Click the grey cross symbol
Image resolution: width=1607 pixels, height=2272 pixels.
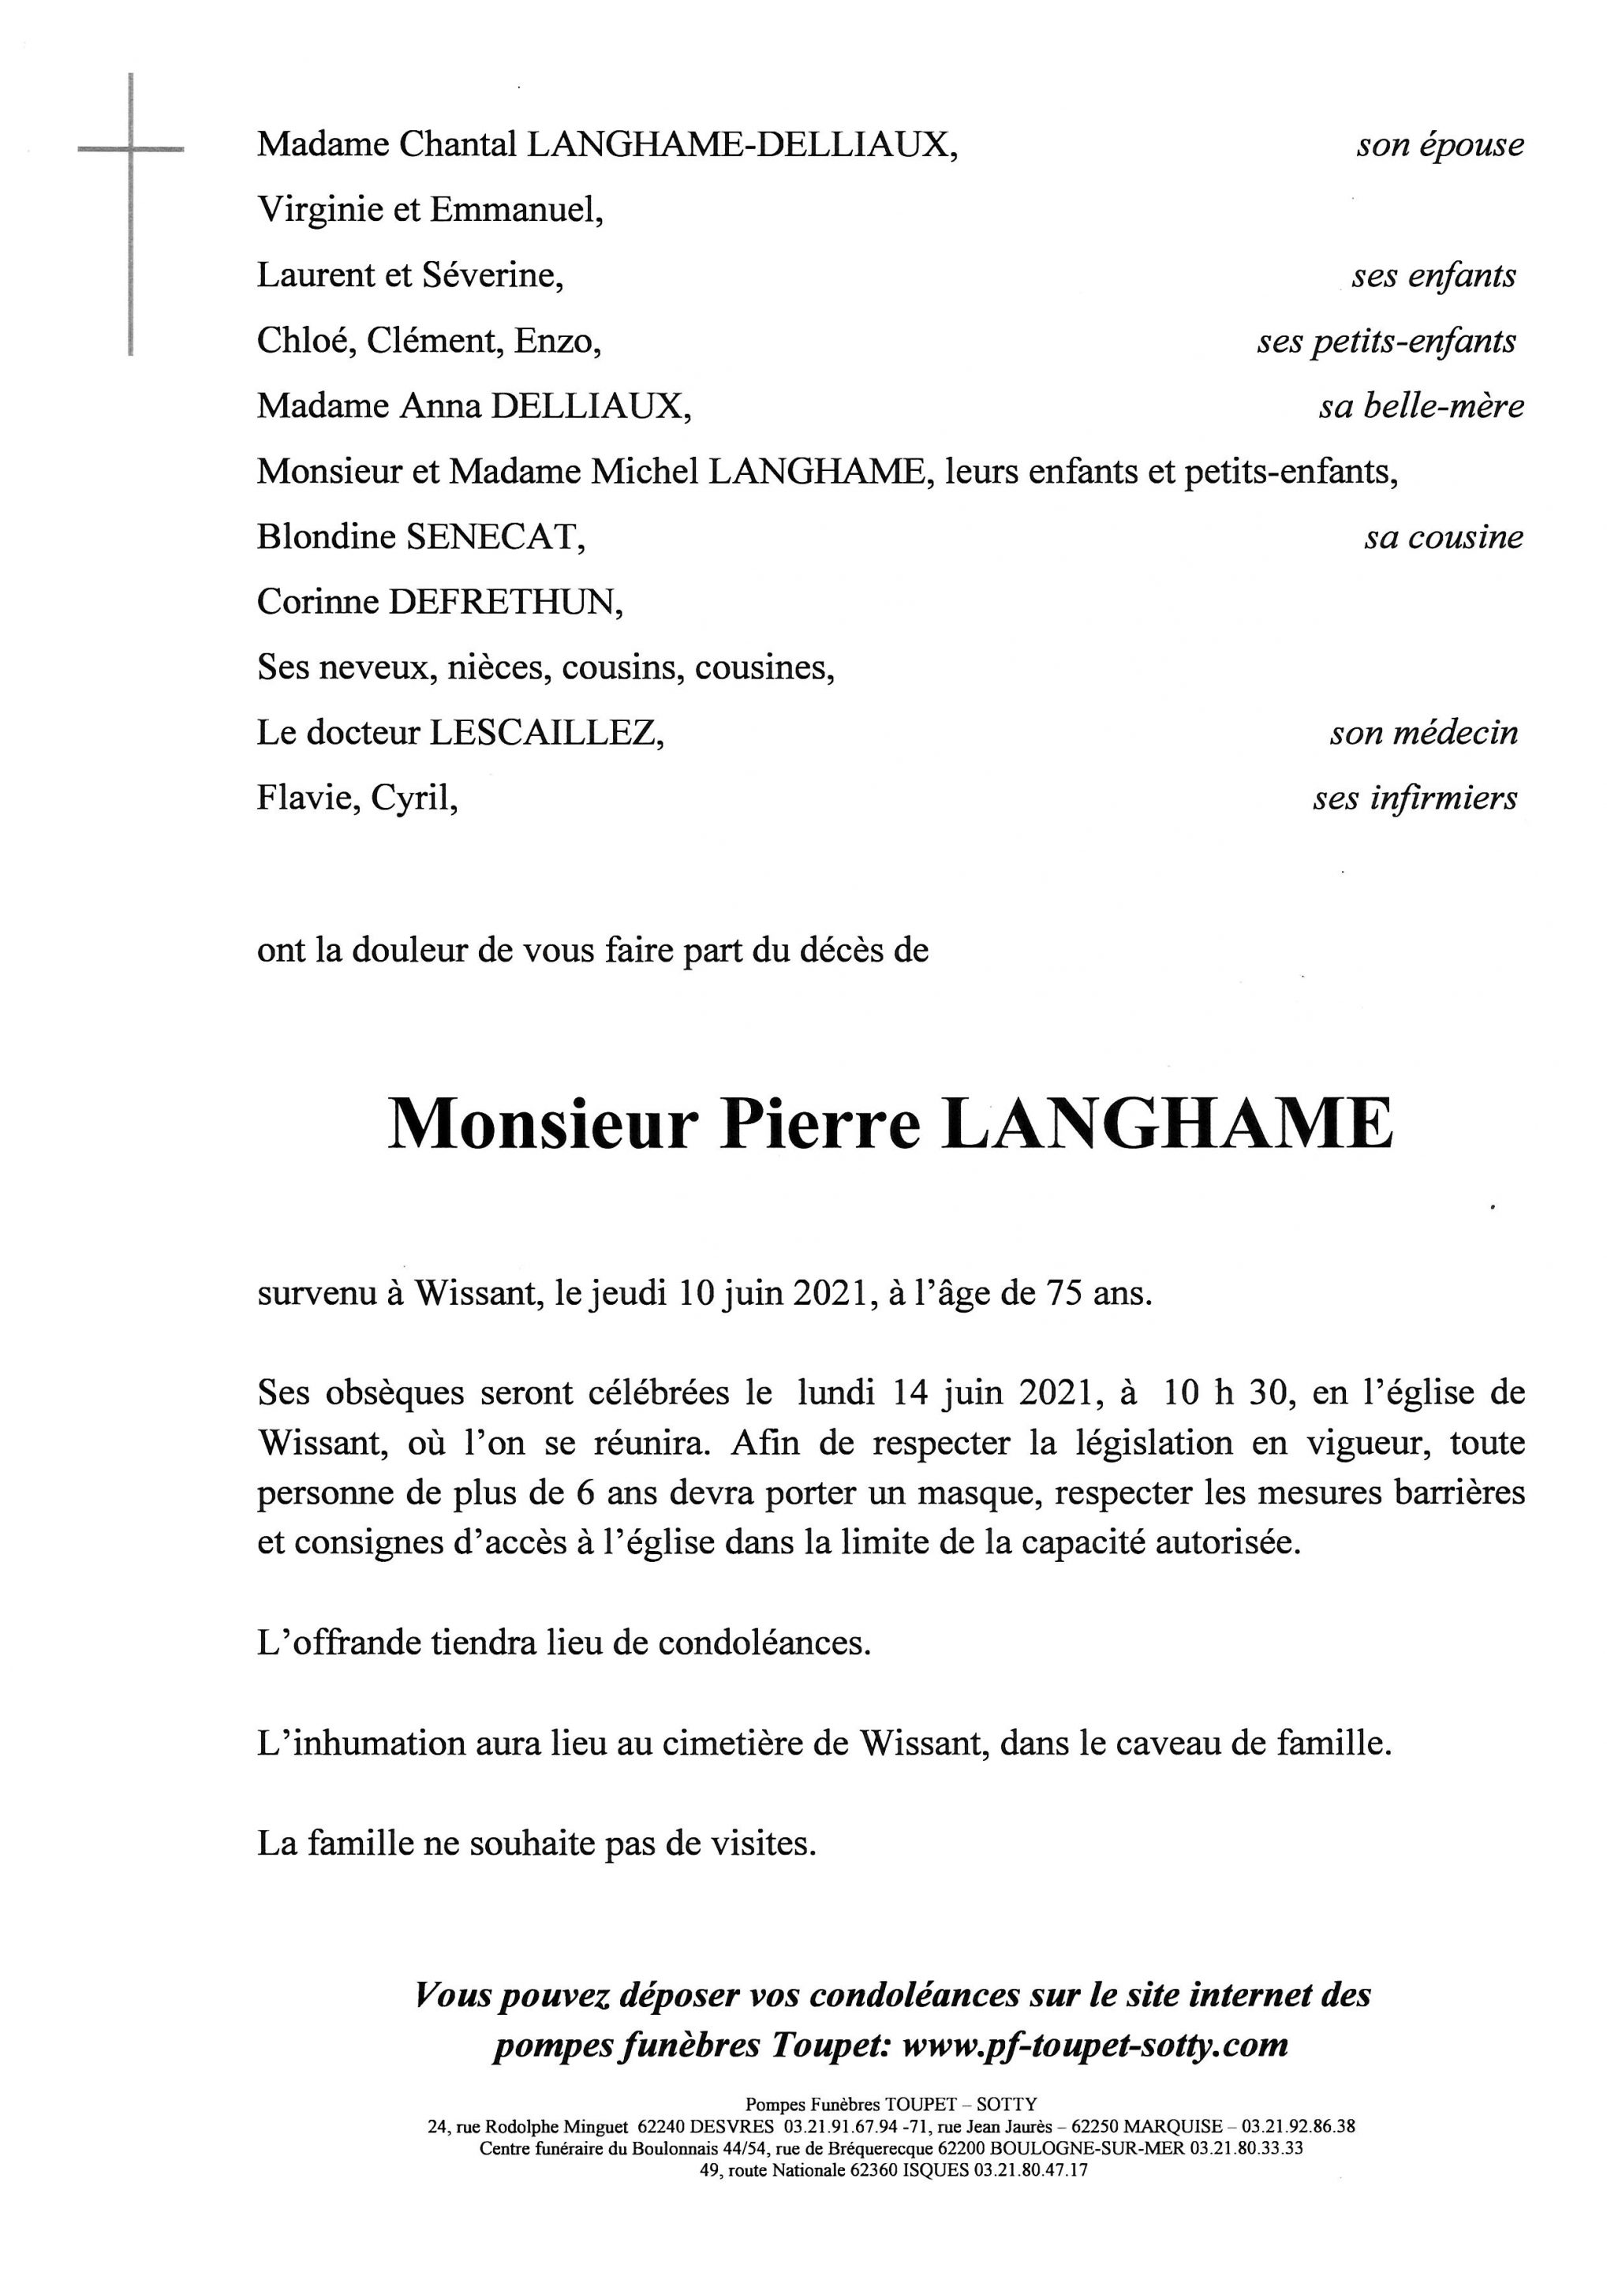pos(131,151)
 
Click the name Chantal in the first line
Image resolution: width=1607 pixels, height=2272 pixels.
pos(457,144)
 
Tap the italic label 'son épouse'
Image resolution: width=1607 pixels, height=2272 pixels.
pos(1439,145)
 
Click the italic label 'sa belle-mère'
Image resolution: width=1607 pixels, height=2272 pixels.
pos(1420,405)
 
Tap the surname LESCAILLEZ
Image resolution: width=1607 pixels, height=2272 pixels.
pos(544,733)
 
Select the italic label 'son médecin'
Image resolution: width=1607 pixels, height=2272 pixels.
pos(1423,733)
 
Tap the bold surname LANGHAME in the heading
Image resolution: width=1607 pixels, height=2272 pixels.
pos(1167,1125)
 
